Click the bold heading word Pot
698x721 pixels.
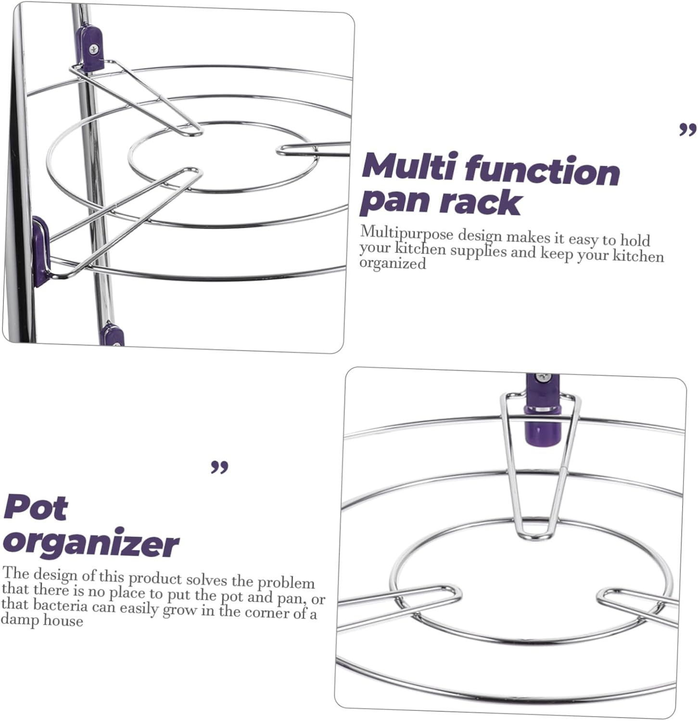[x=36, y=508]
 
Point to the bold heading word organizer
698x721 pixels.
[x=91, y=545]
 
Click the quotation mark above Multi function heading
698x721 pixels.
[x=687, y=129]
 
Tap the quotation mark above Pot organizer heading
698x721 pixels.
[x=219, y=467]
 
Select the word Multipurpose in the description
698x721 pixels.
[x=406, y=234]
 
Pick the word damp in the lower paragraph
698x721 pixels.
[x=20, y=620]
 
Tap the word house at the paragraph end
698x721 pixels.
[x=63, y=621]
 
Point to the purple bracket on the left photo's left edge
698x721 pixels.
[x=40, y=250]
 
